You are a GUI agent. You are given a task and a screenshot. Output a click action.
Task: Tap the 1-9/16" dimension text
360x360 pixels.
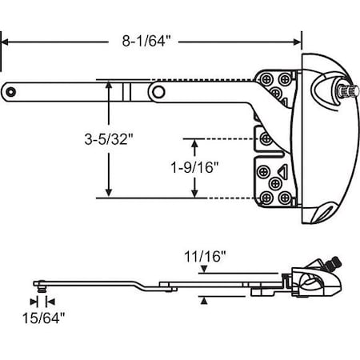[x=194, y=167]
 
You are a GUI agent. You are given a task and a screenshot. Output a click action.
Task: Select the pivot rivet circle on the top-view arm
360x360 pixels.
[x=159, y=94]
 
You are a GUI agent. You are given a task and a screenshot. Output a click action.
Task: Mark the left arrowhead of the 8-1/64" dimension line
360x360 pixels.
[x=4, y=40]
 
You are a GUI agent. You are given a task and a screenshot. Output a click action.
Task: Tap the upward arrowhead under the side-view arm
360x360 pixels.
[x=205, y=299]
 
